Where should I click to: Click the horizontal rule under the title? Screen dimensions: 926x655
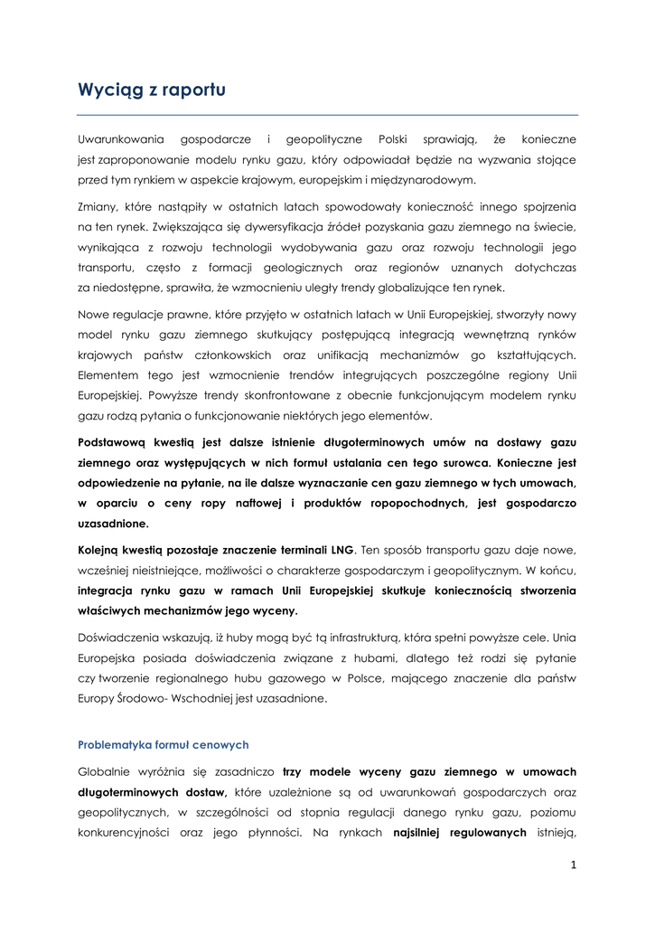(x=327, y=115)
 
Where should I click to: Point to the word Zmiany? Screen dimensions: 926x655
(x=98, y=207)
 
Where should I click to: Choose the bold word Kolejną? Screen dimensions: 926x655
(x=104, y=550)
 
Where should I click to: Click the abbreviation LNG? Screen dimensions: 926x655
(x=342, y=550)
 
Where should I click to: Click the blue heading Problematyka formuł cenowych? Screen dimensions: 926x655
(x=164, y=744)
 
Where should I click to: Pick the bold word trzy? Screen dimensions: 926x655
(x=292, y=772)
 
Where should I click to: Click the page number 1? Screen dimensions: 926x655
(x=573, y=865)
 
